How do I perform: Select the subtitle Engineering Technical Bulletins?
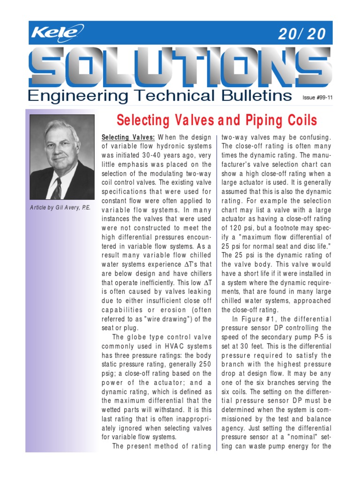[x=159, y=96]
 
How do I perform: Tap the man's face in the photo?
[x=61, y=148]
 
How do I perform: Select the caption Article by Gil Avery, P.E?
[x=60, y=208]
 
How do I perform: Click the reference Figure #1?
[x=258, y=319]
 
